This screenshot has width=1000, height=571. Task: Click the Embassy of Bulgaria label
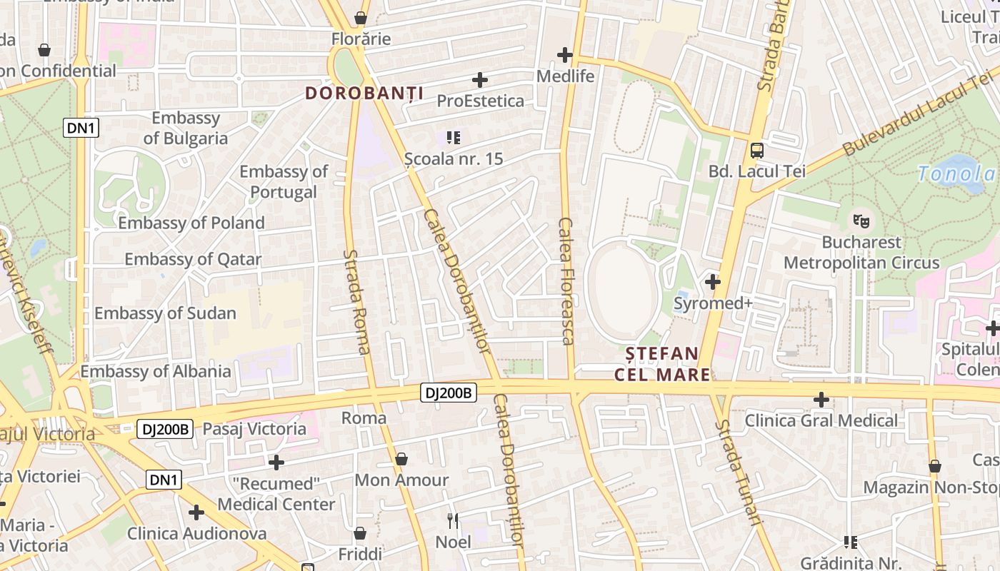pyautogui.click(x=186, y=128)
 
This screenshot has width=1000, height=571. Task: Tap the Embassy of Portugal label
pyautogui.click(x=284, y=181)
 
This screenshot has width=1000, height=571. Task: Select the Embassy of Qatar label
pyautogui.click(x=193, y=259)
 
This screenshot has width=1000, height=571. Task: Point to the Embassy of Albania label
pyautogui.click(x=156, y=371)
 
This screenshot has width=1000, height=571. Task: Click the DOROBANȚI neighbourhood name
pyautogui.click(x=364, y=94)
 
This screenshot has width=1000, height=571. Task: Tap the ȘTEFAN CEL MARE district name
pyautogui.click(x=663, y=364)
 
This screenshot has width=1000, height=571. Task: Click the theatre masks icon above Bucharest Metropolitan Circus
pyautogui.click(x=861, y=221)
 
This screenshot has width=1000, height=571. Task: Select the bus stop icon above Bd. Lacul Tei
pyautogui.click(x=757, y=151)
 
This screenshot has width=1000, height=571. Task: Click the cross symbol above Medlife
pyautogui.click(x=565, y=54)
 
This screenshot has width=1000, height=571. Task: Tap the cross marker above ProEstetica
pyautogui.click(x=480, y=80)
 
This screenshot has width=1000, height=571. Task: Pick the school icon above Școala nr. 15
pyautogui.click(x=453, y=137)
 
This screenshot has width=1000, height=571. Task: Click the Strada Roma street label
pyautogui.click(x=356, y=301)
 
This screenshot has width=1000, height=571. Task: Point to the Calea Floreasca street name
pyautogui.click(x=566, y=281)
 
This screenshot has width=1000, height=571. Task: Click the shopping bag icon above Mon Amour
pyautogui.click(x=401, y=459)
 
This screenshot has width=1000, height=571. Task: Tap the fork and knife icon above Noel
pyautogui.click(x=452, y=521)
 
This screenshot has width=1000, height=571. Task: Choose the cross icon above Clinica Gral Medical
pyautogui.click(x=821, y=400)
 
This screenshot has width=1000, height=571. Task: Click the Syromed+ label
pyautogui.click(x=713, y=304)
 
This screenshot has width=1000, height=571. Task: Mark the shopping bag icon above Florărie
pyautogui.click(x=361, y=18)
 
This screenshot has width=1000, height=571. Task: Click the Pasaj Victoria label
pyautogui.click(x=254, y=429)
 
